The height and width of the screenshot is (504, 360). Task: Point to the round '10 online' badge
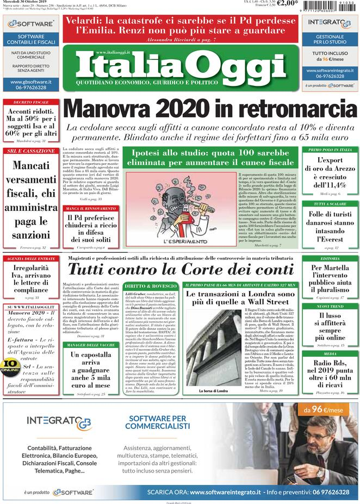[x=9, y=366]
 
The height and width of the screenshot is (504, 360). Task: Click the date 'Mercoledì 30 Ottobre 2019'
[x=25, y=3]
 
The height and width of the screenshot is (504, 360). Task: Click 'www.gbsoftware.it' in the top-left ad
[x=31, y=82]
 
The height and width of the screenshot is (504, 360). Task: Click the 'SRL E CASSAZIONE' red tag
[x=31, y=151]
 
